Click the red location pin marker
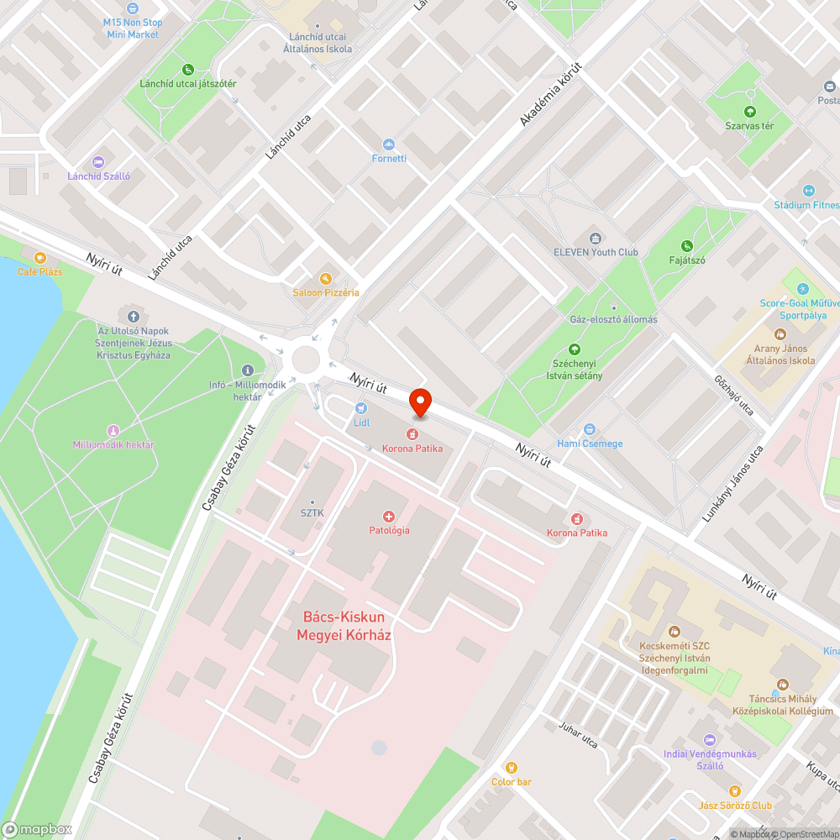click(x=420, y=402)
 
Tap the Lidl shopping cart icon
click(x=362, y=407)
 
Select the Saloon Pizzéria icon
click(x=325, y=278)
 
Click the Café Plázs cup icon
click(x=39, y=258)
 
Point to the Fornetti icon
click(x=388, y=144)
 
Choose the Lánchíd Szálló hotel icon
click(x=98, y=162)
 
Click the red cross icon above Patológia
click(x=388, y=517)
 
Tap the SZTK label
click(x=312, y=512)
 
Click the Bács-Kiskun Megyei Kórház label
click(x=344, y=626)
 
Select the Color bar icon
click(x=511, y=768)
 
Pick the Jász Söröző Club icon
click(x=735, y=791)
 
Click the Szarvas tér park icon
click(x=749, y=112)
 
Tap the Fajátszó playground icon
click(x=686, y=246)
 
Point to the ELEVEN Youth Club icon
click(x=596, y=239)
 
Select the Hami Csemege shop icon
click(x=590, y=429)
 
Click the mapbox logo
click(x=37, y=828)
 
